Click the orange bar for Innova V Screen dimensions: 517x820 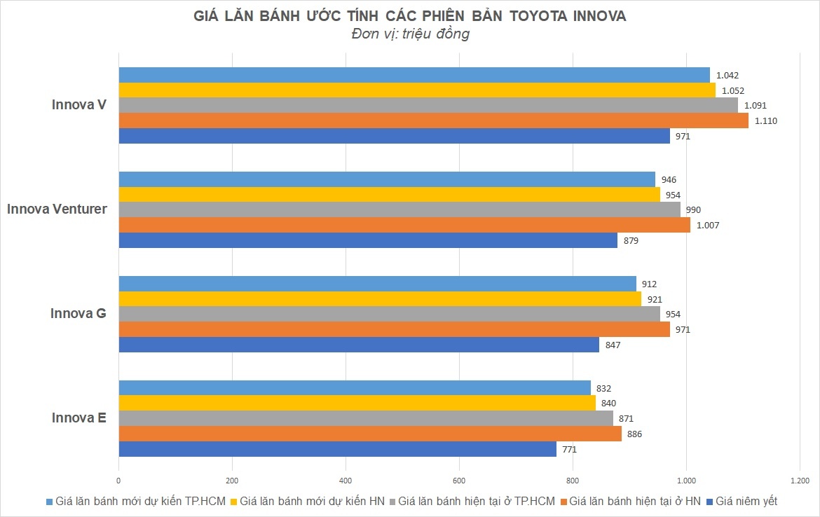click(433, 120)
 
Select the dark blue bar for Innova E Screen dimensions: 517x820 click(337, 449)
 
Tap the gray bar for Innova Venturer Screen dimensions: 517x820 click(399, 209)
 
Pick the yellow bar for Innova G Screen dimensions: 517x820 click(380, 299)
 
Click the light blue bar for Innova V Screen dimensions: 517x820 click(414, 75)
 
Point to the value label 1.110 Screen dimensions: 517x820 click(766, 120)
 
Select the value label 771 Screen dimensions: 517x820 click(568, 449)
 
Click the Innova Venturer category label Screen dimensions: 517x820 click(57, 209)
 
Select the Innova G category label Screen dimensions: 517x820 click(78, 313)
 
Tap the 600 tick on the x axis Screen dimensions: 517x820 click(459, 481)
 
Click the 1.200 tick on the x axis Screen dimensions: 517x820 click(799, 481)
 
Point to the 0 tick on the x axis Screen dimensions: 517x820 click(118, 481)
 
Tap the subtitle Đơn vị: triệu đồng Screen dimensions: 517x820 click(409, 34)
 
